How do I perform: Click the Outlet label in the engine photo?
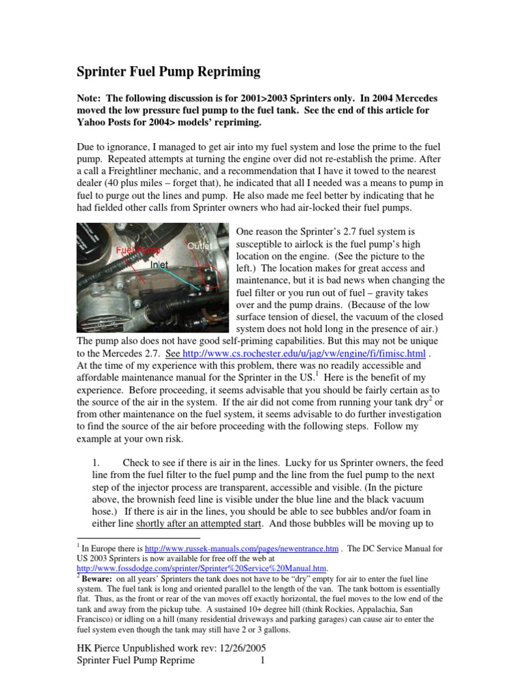(200, 244)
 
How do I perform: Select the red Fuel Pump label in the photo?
(133, 250)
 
